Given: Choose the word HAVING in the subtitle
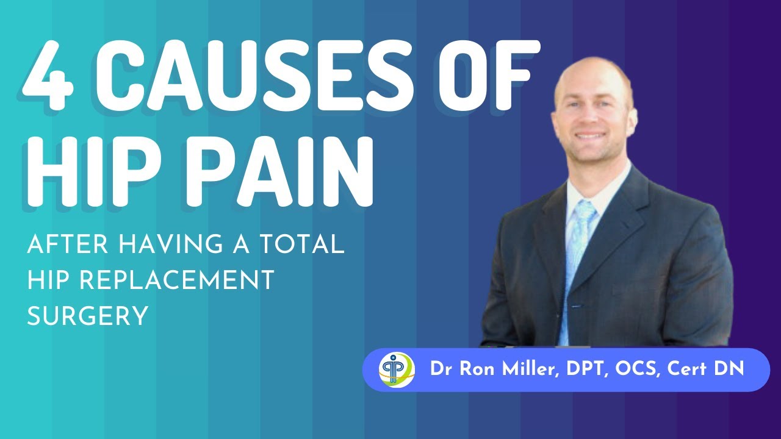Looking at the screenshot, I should [x=161, y=245].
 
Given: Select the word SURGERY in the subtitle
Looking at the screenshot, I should [x=88, y=316].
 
